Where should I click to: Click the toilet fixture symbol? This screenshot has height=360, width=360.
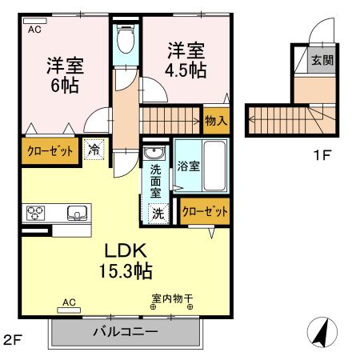click(125, 38)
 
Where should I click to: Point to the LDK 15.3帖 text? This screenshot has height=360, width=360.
click(121, 258)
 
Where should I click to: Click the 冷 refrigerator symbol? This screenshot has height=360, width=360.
click(94, 149)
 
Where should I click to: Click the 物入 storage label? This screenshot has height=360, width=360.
click(216, 121)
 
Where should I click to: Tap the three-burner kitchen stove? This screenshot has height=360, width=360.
click(37, 213)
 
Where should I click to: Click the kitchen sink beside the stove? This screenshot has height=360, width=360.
click(77, 213)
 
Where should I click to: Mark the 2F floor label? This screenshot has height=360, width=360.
click(11, 340)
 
